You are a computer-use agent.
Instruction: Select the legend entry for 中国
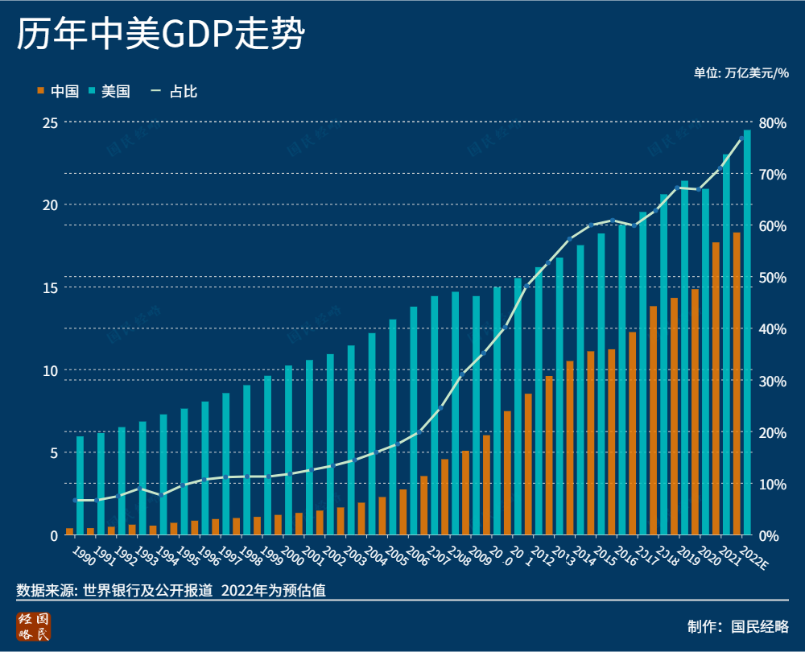58,91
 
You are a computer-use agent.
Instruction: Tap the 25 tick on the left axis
50,122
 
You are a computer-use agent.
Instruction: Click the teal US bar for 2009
476,415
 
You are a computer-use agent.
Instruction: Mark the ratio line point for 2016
612,221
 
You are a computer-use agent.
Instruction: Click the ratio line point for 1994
163,495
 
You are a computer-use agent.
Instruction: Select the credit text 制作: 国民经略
738,627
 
